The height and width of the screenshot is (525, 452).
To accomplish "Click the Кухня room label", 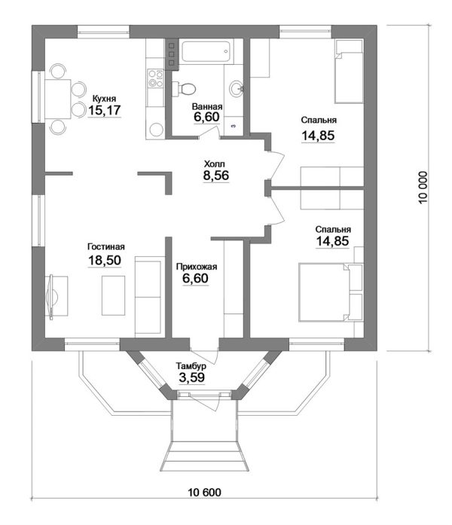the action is pos(104,99).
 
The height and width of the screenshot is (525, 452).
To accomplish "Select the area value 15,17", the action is pos(104,110).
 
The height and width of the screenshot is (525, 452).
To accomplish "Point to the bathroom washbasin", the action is pos(237,88).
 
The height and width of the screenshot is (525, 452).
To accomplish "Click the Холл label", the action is pos(215,164).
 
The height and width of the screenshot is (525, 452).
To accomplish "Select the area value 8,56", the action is pos(216,176).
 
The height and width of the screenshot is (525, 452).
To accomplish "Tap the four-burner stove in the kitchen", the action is pos(156,78).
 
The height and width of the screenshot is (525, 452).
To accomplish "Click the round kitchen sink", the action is pos(156,130).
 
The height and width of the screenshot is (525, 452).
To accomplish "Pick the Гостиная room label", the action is pos(106,247).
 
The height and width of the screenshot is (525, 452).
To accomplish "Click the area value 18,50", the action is pos(105,260).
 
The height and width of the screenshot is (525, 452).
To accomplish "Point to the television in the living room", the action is pos(51,297).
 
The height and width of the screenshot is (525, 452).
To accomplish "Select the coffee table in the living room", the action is pos(114,295).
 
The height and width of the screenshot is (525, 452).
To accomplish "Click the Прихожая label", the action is pos(197,267).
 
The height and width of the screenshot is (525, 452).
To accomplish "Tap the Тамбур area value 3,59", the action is pos(192,377).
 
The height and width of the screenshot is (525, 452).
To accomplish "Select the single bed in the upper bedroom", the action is pos(349,72).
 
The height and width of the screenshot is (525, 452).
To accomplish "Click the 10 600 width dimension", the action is pos(205,492).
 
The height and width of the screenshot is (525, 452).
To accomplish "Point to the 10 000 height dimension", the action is pos(423,188).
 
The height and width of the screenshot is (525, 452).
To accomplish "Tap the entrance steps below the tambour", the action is pos(205,456).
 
